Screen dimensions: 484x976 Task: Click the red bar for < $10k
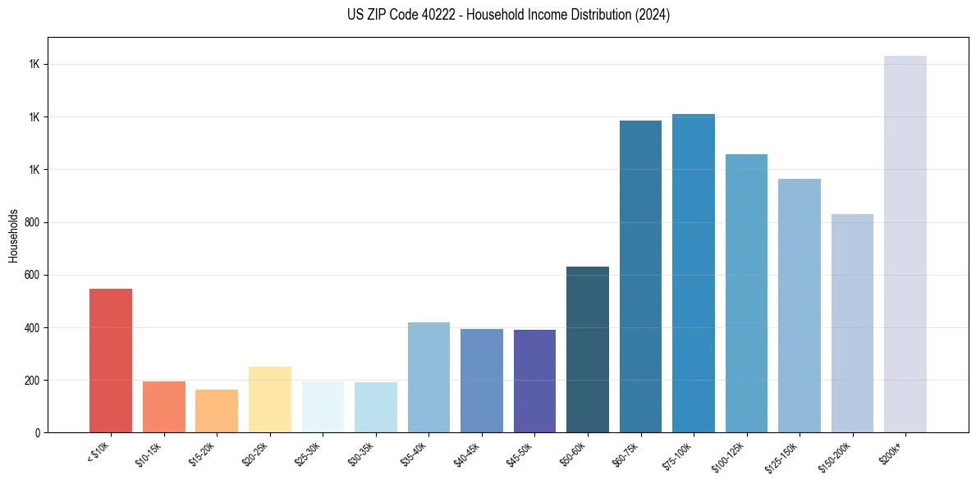click(x=111, y=361)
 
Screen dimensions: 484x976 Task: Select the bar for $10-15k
click(x=163, y=407)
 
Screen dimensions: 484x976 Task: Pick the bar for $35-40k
click(x=428, y=377)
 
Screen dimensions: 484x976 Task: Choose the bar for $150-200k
click(x=852, y=323)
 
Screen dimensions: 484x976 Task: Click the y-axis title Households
click(x=13, y=235)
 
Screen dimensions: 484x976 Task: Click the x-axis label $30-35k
click(x=362, y=453)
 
